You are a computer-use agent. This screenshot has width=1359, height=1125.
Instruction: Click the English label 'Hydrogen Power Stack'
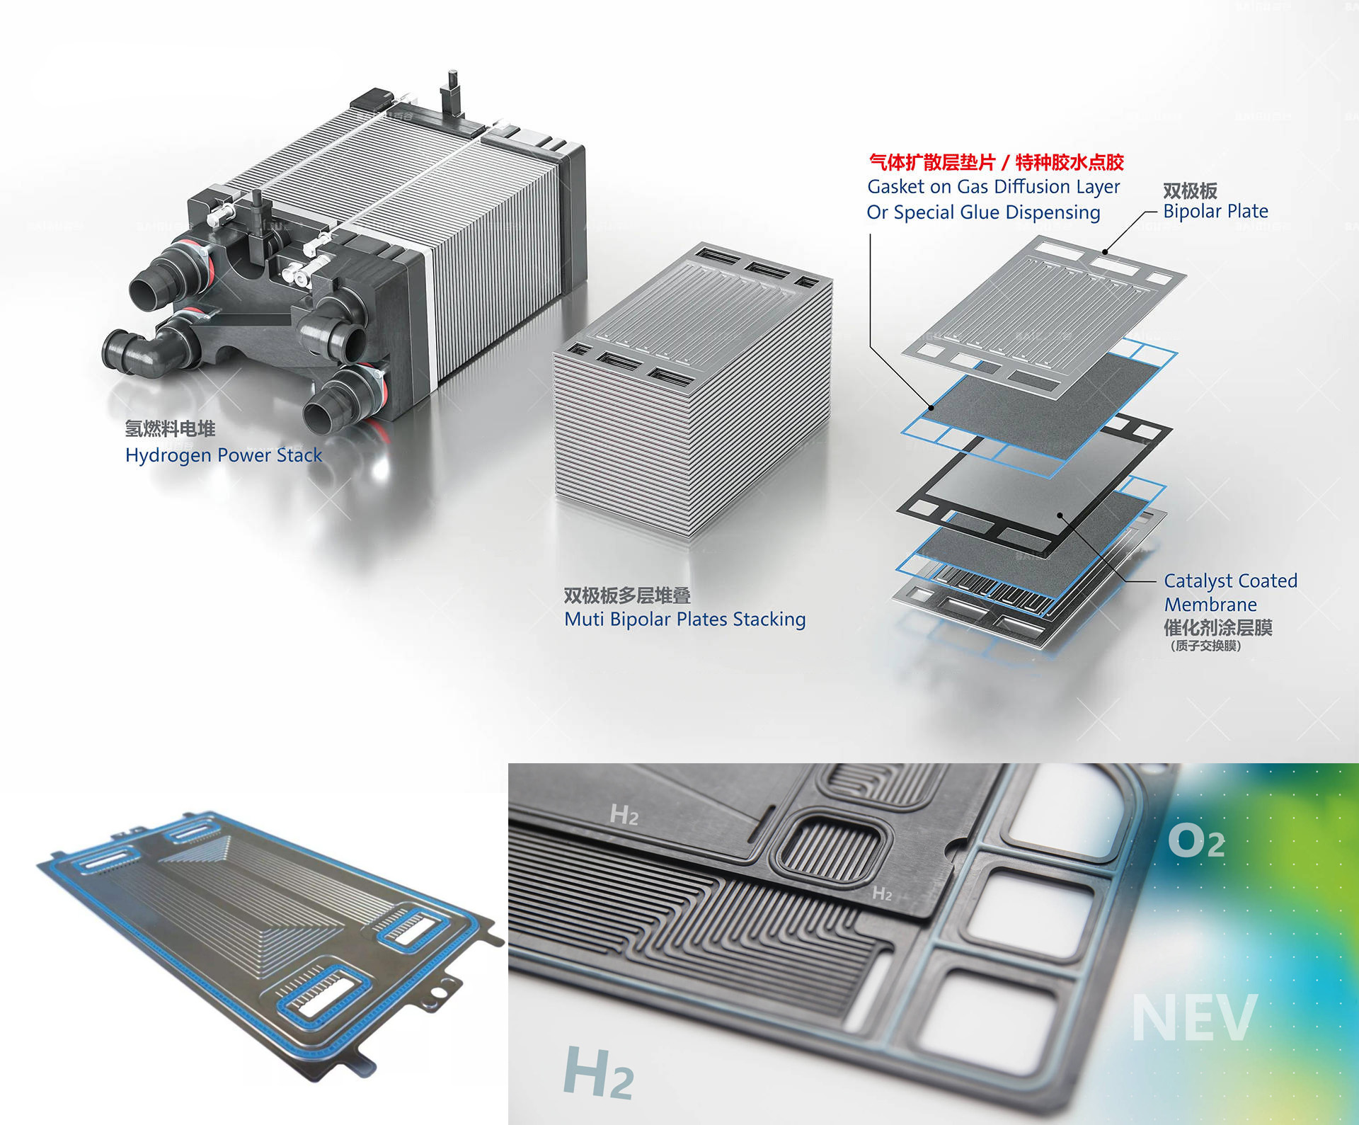(x=224, y=455)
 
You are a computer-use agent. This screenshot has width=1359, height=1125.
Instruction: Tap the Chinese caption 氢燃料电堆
(x=170, y=428)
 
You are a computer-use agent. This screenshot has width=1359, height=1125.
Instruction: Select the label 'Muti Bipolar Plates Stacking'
(x=684, y=619)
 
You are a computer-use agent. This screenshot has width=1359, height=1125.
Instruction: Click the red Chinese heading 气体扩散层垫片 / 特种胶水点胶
(x=997, y=163)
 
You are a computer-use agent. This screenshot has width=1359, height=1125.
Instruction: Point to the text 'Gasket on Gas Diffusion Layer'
(x=994, y=187)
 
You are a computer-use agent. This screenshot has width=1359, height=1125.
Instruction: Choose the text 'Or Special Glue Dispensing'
(x=983, y=212)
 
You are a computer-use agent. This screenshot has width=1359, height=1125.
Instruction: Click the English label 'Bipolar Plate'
(x=1215, y=211)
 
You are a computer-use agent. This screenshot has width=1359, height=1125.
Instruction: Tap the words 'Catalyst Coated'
(x=1230, y=581)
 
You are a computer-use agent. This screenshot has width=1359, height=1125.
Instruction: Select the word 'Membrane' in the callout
(x=1210, y=605)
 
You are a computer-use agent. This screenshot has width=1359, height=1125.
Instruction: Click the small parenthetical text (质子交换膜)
(x=1205, y=646)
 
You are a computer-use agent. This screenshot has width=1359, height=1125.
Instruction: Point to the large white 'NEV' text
(x=1193, y=1017)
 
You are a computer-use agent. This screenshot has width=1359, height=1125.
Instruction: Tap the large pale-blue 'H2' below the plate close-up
(x=598, y=1073)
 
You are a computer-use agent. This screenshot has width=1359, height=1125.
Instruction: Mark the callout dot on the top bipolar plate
(x=1105, y=251)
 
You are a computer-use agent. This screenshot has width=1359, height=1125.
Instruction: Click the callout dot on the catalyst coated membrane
(x=1060, y=515)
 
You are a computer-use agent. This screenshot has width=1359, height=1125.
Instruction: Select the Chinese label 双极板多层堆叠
(x=627, y=595)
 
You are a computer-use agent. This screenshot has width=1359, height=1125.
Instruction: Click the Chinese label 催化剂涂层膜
(x=1218, y=627)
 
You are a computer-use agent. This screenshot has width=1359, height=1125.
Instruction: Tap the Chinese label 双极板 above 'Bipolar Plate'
(x=1190, y=190)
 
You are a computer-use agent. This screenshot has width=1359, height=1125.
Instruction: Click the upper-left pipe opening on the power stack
(x=148, y=292)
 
